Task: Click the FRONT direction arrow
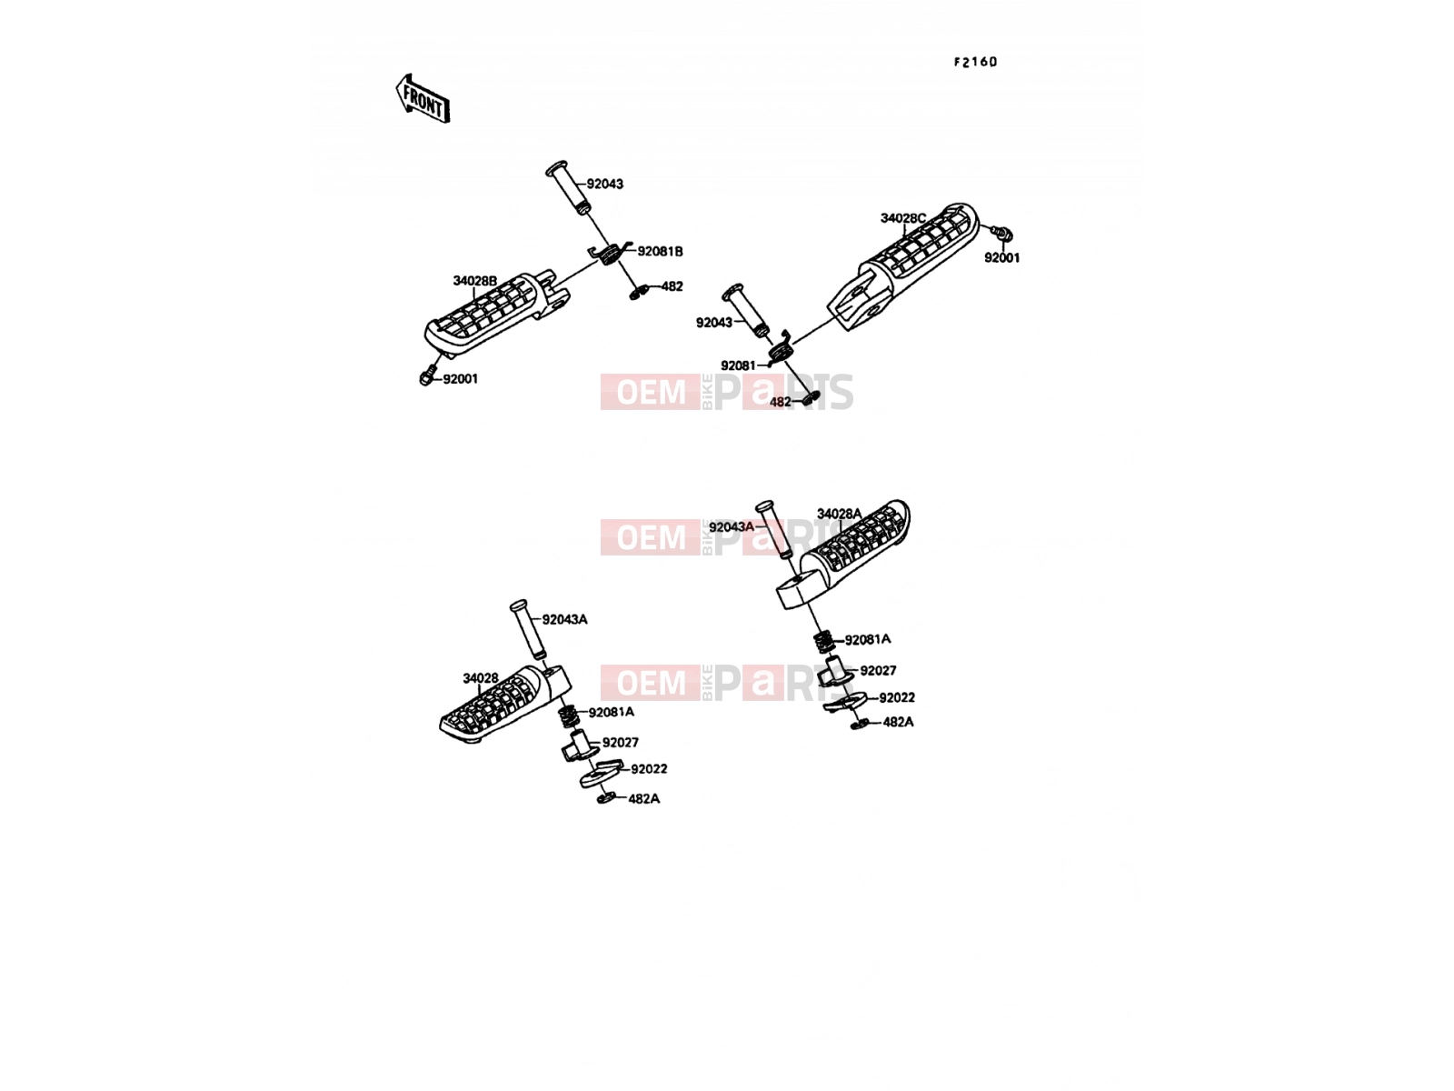(x=423, y=99)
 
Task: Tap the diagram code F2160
(x=975, y=62)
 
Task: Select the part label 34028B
(x=474, y=281)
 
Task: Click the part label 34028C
(x=902, y=218)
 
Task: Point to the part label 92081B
(x=660, y=252)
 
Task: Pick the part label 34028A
(x=839, y=514)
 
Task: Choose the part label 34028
(x=480, y=677)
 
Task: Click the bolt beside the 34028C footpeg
(x=1002, y=232)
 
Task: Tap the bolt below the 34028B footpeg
(x=429, y=375)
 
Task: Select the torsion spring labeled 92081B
(x=611, y=253)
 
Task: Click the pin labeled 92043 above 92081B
(x=568, y=186)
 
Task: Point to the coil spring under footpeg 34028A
(x=824, y=642)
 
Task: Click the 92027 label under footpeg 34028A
(x=878, y=670)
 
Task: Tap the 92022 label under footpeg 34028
(x=649, y=768)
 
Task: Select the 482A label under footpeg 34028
(x=643, y=799)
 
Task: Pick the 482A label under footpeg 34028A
(x=898, y=722)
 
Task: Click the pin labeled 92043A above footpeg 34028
(x=528, y=629)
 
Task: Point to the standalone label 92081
(x=738, y=365)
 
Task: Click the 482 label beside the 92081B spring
(x=672, y=286)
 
